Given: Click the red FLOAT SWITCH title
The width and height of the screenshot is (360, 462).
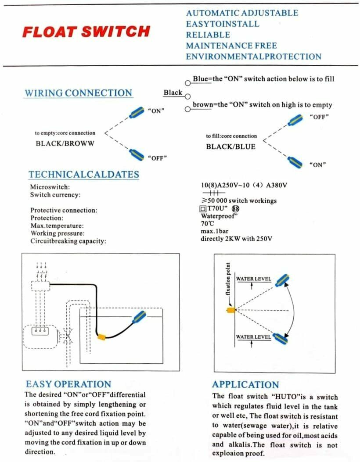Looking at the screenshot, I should (86, 32).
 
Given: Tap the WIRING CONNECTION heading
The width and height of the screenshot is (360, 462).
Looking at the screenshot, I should (78, 93).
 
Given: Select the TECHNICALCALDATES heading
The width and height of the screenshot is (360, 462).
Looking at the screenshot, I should (83, 174).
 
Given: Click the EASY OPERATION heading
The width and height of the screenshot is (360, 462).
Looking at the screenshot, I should (68, 384).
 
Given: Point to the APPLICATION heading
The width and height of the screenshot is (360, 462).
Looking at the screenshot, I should (245, 385).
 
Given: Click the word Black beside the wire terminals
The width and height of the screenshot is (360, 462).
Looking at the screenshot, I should (173, 93).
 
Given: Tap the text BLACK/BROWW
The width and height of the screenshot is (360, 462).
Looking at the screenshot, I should (65, 143).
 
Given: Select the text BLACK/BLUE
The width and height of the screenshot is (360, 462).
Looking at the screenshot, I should (230, 147).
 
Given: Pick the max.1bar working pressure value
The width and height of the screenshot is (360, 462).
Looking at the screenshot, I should (215, 231).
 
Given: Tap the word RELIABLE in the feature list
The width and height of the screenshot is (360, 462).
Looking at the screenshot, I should (208, 35).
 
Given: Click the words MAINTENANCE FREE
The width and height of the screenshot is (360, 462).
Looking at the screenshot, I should (231, 46).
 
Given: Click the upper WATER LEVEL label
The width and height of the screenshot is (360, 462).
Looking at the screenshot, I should (253, 279).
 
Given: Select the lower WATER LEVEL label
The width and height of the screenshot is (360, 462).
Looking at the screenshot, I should (253, 337).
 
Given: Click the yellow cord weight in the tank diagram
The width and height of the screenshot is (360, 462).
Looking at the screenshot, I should (102, 337).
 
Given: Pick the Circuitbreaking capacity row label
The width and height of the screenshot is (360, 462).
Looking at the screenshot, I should (68, 241).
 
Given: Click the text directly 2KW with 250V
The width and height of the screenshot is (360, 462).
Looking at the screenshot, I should (236, 239).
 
